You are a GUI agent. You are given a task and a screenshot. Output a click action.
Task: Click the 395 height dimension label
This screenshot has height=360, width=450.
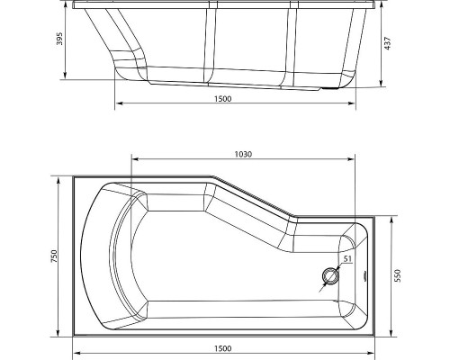[59, 39]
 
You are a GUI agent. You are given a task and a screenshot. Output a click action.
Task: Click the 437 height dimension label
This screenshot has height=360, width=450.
[388, 43]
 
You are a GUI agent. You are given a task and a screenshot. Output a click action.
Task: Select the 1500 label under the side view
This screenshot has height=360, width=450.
[223, 99]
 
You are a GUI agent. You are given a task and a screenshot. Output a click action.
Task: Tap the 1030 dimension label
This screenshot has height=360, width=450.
[243, 154]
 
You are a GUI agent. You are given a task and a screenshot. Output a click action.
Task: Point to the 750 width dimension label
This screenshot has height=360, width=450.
[54, 256]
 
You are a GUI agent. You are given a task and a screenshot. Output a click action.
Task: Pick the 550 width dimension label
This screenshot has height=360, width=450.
[397, 275]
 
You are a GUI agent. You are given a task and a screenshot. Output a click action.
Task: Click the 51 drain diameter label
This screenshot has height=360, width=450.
[347, 258]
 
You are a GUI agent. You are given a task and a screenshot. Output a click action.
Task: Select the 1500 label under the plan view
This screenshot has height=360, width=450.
[223, 348]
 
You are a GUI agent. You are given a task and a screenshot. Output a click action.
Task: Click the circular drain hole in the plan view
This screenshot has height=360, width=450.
[330, 276]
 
